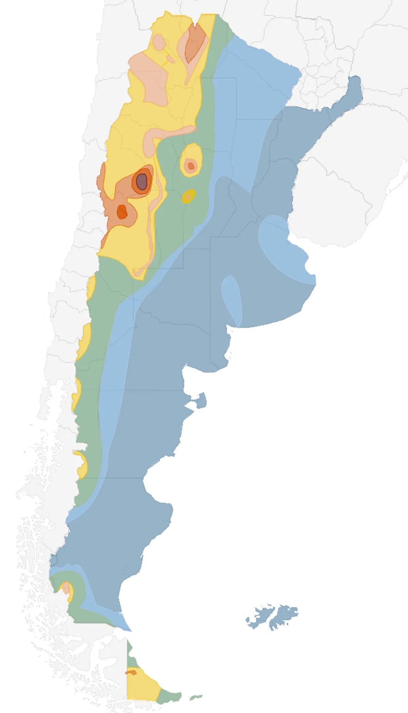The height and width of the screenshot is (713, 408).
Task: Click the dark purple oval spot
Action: click(x=141, y=182)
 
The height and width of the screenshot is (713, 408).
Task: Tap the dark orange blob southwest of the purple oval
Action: click(x=122, y=212)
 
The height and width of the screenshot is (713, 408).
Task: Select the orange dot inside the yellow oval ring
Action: click(x=191, y=166)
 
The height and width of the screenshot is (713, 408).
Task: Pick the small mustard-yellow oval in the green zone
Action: click(x=189, y=196)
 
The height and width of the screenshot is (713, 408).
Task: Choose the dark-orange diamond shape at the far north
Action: click(x=195, y=42)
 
